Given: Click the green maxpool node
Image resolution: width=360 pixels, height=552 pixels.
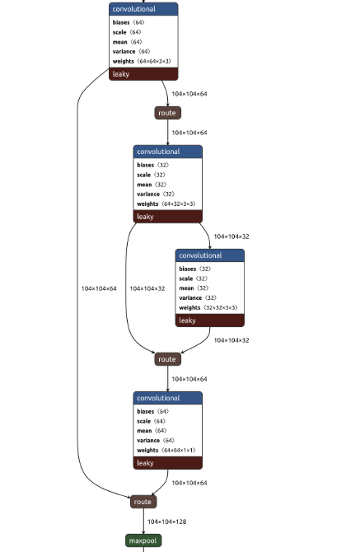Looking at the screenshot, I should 143,540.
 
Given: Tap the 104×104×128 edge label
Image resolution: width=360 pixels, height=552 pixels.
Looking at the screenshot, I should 167,522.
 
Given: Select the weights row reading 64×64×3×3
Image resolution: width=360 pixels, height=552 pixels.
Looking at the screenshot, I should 143,61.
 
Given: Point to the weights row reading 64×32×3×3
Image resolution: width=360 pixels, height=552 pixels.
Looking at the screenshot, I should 166,203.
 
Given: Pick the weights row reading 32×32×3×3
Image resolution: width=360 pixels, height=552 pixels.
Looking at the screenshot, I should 208,307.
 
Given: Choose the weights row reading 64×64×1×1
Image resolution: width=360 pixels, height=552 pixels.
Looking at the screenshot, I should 166,450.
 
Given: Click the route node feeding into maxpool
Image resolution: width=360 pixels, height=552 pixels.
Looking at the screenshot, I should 143,502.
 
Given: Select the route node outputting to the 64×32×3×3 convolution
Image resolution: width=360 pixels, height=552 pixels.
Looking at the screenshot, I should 167,113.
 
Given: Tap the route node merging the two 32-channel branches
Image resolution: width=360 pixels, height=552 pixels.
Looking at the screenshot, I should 167,359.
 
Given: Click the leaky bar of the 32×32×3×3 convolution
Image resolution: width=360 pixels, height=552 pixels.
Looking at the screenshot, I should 209,320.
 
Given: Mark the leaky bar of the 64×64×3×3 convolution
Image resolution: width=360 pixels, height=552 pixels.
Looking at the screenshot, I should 143,74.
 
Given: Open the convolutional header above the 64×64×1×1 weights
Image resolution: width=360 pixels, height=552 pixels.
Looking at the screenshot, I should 167,398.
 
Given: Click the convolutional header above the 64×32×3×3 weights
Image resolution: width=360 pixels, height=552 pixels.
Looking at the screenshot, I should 167,152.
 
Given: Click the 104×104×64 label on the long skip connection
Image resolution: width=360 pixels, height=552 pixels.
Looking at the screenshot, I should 99,288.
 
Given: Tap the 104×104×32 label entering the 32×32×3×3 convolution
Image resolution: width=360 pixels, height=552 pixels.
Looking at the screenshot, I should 231,236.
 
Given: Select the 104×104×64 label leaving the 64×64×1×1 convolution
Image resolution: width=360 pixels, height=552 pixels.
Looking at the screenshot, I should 189,483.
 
